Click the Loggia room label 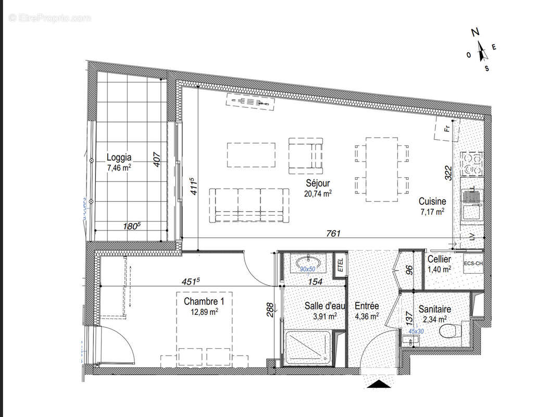119,157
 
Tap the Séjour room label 318,183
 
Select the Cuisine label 432,201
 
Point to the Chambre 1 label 201,301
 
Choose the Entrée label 367,306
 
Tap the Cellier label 439,259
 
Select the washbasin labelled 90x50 307,262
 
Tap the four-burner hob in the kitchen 472,163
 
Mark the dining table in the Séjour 382,169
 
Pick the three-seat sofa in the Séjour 249,204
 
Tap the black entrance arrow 379,384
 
